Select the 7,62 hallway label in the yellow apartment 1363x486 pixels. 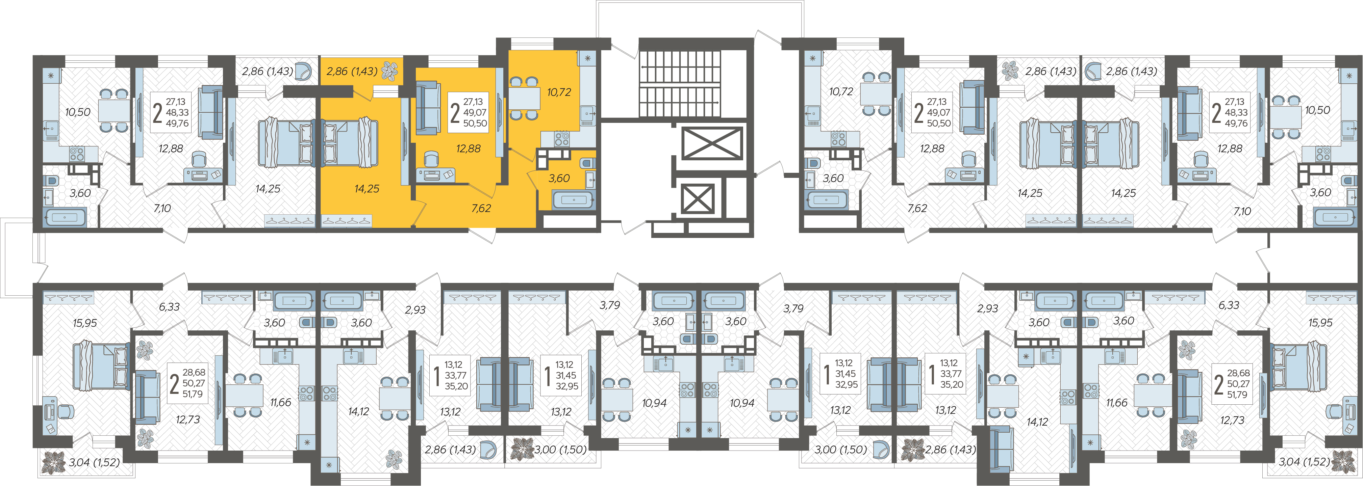[481, 208]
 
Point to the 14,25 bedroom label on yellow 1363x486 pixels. [367, 188]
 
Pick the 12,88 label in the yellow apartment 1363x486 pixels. [468, 148]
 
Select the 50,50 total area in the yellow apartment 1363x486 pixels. [475, 123]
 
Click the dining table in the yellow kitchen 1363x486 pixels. [524, 98]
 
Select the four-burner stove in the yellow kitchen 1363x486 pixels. [562, 139]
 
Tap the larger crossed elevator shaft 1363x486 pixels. [712, 143]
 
